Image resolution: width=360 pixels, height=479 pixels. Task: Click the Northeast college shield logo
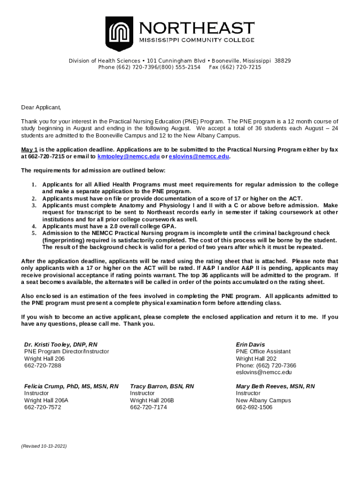coord(119,33)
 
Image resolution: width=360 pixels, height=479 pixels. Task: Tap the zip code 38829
coord(282,61)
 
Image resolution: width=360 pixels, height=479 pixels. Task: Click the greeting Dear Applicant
coord(41,108)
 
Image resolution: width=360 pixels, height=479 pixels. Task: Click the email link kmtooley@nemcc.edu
coord(128,157)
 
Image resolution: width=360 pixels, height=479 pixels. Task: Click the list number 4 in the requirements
coord(34,226)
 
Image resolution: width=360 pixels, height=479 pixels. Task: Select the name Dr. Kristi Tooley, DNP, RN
coord(61,345)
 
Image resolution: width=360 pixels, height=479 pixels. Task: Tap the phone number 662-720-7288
coord(43,365)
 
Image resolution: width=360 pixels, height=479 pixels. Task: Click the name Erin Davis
coord(251,345)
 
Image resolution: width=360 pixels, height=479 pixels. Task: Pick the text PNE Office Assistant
coord(263,351)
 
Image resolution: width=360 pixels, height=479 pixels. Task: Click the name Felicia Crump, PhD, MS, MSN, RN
coord(71,386)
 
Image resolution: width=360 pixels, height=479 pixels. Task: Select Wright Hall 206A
coord(46,400)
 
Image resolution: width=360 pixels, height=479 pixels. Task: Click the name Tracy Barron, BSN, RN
coord(162,386)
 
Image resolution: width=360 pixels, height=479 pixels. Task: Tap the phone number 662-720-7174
coord(148,407)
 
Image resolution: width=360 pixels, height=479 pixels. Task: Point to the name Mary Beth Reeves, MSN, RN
coord(275,386)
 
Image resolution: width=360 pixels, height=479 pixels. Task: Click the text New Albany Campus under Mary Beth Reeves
coord(263,400)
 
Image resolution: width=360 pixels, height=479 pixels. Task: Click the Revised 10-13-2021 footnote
coord(44,447)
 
